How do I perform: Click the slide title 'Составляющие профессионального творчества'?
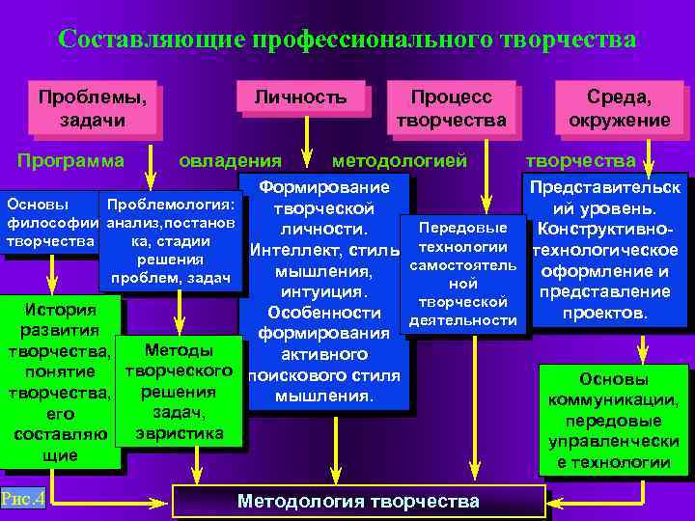tap(347, 41)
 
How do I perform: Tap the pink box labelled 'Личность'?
tap(300, 98)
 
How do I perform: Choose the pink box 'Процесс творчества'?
tap(451, 108)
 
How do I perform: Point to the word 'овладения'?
tap(231, 160)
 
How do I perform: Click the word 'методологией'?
tap(400, 160)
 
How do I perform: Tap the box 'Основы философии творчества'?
tap(50, 222)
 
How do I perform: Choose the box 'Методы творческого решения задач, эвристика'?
tap(178, 391)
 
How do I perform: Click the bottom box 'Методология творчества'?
tap(357, 501)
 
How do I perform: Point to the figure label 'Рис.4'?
tap(22, 499)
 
